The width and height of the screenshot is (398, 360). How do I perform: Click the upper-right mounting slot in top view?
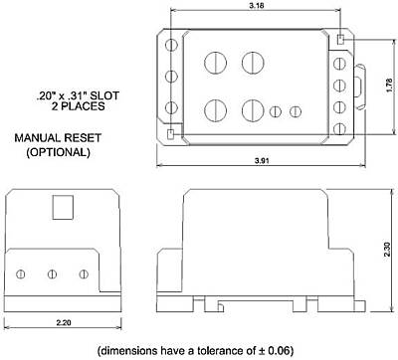[340, 41]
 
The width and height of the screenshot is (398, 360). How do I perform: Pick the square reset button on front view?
[63, 208]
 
